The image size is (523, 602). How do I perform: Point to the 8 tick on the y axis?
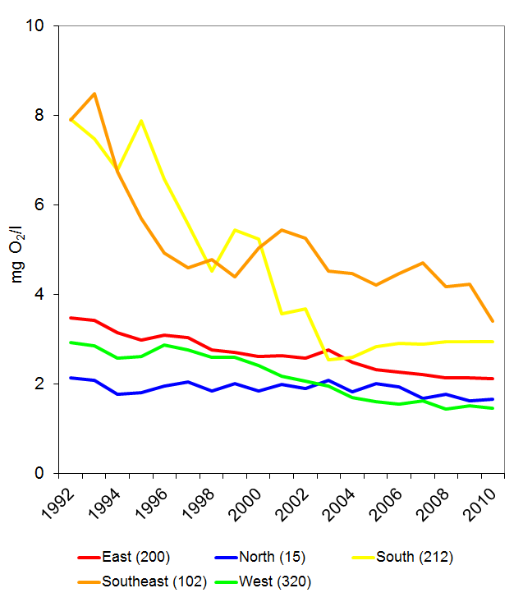click(42, 116)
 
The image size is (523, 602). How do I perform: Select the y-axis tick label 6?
click(42, 205)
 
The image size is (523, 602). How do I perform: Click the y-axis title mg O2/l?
click(19, 250)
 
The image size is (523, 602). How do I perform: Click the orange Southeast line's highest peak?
click(94, 94)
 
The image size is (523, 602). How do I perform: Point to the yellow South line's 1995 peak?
click(142, 121)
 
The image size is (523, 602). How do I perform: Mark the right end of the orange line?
click(492, 320)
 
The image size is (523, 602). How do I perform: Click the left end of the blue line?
click(71, 378)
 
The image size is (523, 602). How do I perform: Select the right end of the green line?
click(492, 408)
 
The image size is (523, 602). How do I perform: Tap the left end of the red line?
click(71, 318)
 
